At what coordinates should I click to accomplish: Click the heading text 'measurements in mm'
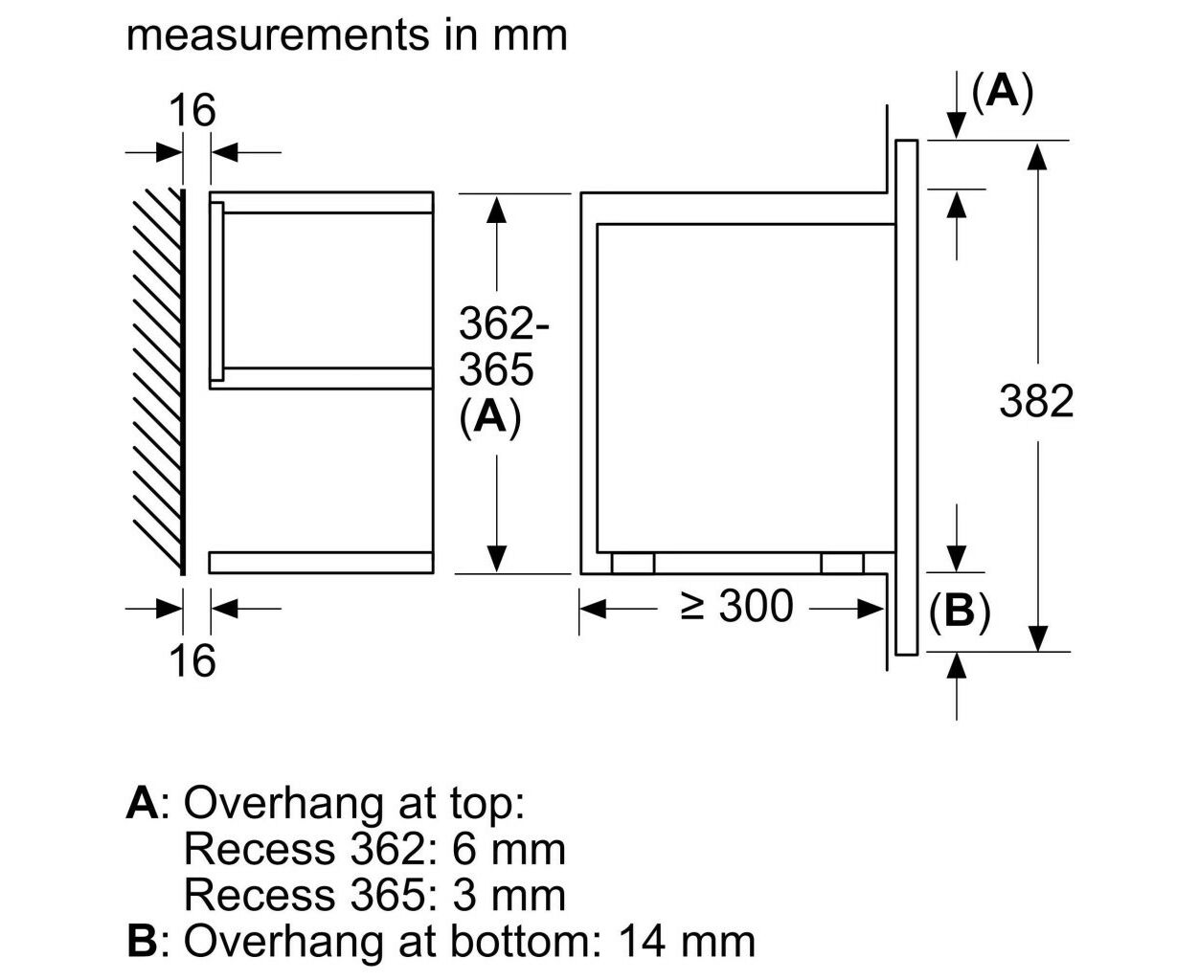click(x=347, y=35)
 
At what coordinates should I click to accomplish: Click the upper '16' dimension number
click(x=192, y=110)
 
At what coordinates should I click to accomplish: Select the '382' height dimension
click(x=1036, y=402)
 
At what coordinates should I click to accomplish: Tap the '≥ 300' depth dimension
click(x=736, y=606)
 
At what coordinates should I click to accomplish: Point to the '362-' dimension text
click(x=504, y=323)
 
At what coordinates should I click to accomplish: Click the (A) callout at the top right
click(x=1002, y=92)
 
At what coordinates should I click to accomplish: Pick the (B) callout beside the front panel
click(x=961, y=612)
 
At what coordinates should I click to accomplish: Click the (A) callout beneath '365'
click(x=490, y=417)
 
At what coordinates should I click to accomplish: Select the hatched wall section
click(x=159, y=381)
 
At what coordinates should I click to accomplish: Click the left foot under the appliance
click(x=633, y=563)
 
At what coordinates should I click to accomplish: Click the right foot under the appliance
click(x=843, y=563)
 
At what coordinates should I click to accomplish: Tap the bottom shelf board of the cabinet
click(x=321, y=563)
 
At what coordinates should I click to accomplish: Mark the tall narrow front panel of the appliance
click(x=906, y=397)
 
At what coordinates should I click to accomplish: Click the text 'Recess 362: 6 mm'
click(x=375, y=850)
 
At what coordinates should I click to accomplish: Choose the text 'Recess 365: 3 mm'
click(x=375, y=896)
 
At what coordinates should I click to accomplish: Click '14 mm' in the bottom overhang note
click(x=687, y=942)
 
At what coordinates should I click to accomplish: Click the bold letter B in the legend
click(x=142, y=942)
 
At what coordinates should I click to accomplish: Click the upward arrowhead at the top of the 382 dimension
click(x=1037, y=157)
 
